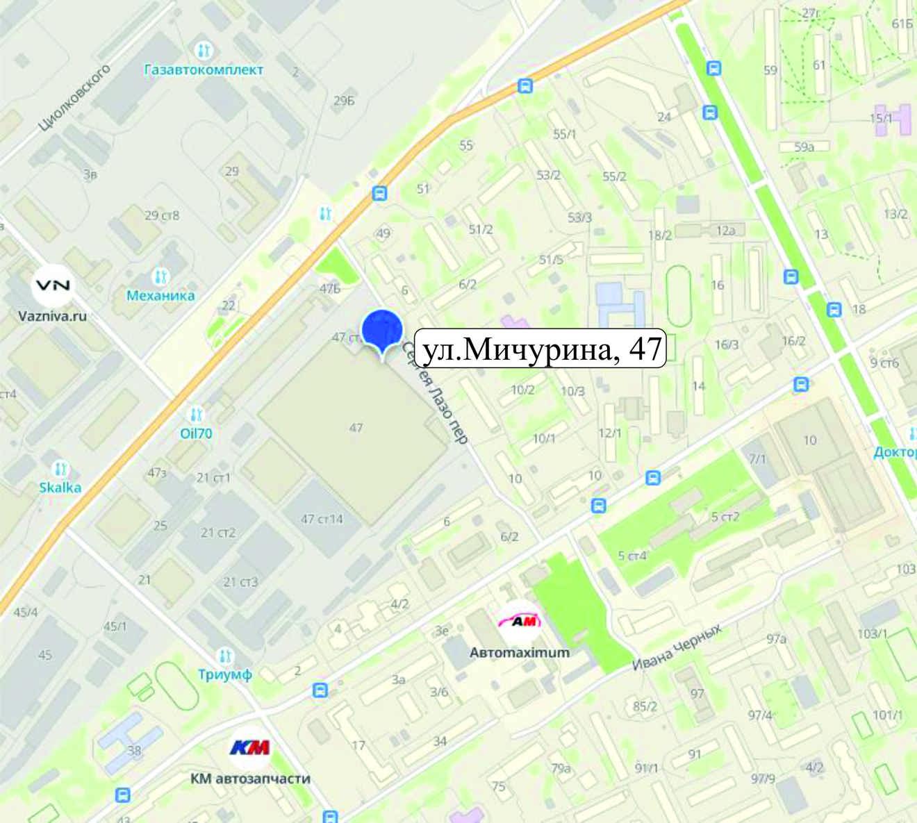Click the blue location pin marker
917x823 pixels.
click(383, 331)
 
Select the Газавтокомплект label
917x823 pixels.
click(204, 69)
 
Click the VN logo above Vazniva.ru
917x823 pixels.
click(53, 285)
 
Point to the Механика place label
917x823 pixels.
click(160, 295)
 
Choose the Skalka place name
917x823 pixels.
click(60, 487)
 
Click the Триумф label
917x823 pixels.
click(224, 674)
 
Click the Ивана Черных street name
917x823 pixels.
click(677, 647)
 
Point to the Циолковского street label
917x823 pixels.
click(75, 99)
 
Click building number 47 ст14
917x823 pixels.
click(322, 519)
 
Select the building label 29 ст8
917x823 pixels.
click(162, 215)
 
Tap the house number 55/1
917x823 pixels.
click(564, 134)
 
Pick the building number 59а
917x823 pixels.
click(804, 147)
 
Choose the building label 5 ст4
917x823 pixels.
click(632, 556)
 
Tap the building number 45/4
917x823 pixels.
click(26, 612)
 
